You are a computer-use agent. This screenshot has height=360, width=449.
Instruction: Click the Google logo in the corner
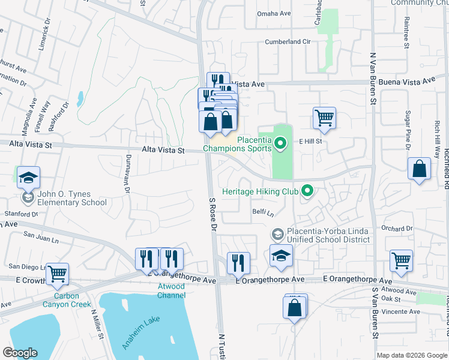(x=20, y=353)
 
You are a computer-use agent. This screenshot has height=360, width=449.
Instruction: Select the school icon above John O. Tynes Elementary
(x=28, y=178)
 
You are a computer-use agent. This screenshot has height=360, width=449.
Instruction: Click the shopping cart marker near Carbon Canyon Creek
(x=58, y=274)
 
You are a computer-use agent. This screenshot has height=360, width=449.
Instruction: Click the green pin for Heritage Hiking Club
(x=307, y=191)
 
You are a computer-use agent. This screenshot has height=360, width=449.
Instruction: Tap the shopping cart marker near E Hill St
(x=324, y=118)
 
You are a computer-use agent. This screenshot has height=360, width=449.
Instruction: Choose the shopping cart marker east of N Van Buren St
(x=401, y=261)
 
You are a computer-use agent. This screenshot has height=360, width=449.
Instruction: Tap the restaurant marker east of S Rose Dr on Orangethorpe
(x=238, y=263)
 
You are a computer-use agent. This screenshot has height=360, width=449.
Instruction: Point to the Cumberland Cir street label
(x=288, y=43)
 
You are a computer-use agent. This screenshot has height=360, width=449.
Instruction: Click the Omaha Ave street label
(x=274, y=13)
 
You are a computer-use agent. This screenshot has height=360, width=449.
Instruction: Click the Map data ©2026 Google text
(x=411, y=355)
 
